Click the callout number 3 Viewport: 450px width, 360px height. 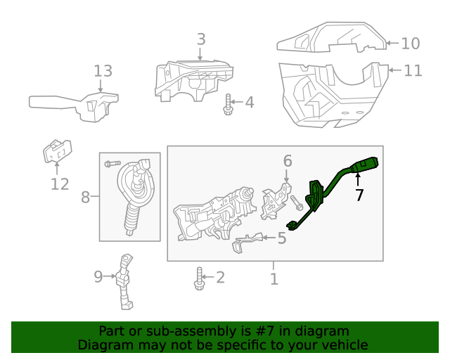click(201, 39)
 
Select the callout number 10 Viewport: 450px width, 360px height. click(410, 44)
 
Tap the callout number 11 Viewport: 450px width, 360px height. click(413, 70)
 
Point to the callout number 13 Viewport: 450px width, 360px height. click(103, 71)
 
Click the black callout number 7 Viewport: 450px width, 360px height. click(359, 195)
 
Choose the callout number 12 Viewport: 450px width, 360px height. click(60, 184)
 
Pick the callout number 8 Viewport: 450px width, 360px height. click(85, 197)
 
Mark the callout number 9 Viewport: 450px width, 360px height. click(98, 276)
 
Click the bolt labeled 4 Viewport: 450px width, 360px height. click(229, 105)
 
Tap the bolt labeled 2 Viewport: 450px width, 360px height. click(200, 278)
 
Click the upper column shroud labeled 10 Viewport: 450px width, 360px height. click(330, 39)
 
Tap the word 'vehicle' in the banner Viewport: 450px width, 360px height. click(344, 345)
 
